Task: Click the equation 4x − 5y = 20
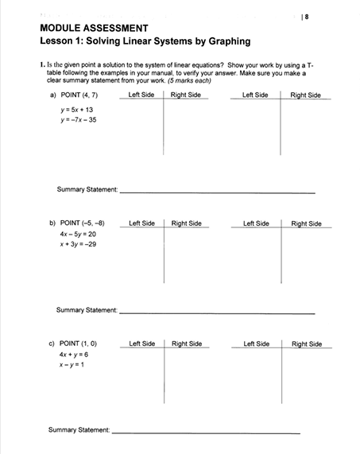[77, 235]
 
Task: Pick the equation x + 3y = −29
[78, 246]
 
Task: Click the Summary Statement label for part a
[87, 189]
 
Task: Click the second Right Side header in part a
[305, 95]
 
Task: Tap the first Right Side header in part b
[187, 223]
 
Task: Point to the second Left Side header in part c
[257, 343]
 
